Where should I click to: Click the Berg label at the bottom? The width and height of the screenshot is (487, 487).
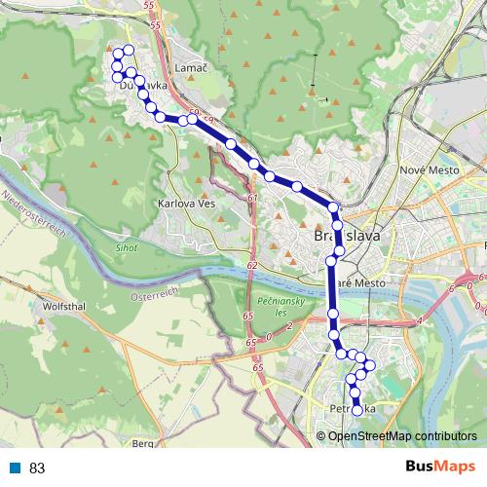(143, 443)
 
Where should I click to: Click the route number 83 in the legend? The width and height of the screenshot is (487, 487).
(38, 468)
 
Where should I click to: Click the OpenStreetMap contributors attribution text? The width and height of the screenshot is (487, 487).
(401, 435)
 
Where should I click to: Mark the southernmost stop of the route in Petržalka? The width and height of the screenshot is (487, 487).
(356, 411)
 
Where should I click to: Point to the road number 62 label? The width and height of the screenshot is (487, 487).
(251, 264)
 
